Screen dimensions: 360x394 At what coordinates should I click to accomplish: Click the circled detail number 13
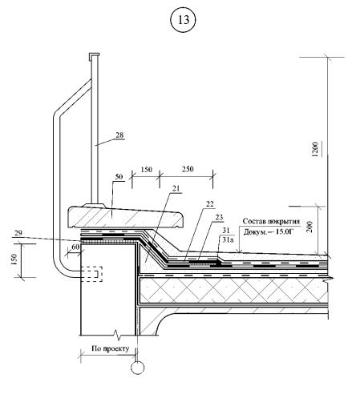coord(184,20)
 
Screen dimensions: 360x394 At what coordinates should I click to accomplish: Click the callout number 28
coord(119,135)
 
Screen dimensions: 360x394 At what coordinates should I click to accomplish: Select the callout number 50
coord(119,177)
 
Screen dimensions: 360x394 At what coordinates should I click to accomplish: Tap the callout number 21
coord(176,189)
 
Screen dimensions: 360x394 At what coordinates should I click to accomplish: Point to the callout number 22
coord(210,204)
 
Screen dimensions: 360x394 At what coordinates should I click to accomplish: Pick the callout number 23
coord(219,217)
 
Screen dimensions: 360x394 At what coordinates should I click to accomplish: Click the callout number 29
coord(18,233)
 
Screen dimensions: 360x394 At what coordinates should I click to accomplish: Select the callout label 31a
coord(228,239)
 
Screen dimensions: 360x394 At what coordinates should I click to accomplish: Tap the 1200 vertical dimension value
coord(315,150)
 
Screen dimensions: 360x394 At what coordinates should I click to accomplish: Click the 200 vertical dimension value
coord(309,227)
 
